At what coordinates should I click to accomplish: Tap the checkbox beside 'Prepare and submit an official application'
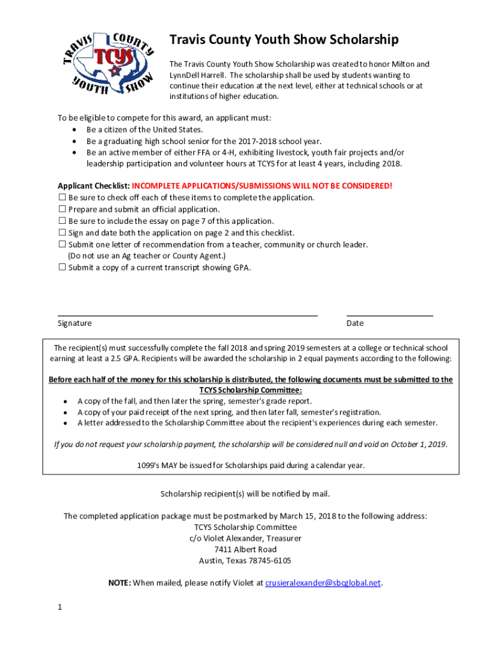(x=62, y=209)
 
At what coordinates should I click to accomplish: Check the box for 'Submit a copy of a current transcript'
(x=62, y=267)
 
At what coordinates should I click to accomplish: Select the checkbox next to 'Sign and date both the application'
(x=62, y=233)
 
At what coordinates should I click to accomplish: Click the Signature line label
(x=75, y=323)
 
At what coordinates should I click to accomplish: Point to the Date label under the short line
(x=355, y=323)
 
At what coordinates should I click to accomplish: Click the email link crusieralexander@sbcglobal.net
(x=323, y=583)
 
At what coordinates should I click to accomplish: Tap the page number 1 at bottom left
(x=60, y=608)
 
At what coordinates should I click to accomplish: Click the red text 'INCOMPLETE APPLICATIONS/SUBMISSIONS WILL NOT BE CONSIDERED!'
(x=262, y=186)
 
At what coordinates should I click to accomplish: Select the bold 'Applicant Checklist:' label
(x=94, y=186)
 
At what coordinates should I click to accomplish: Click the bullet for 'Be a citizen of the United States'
(x=76, y=130)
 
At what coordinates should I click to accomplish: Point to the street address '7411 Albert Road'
(x=246, y=550)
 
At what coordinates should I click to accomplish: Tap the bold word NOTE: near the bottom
(x=120, y=583)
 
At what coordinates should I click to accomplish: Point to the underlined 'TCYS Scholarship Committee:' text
(x=251, y=390)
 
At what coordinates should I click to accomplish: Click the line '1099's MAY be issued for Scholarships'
(x=251, y=466)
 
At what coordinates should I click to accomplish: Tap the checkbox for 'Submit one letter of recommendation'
(x=62, y=244)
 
